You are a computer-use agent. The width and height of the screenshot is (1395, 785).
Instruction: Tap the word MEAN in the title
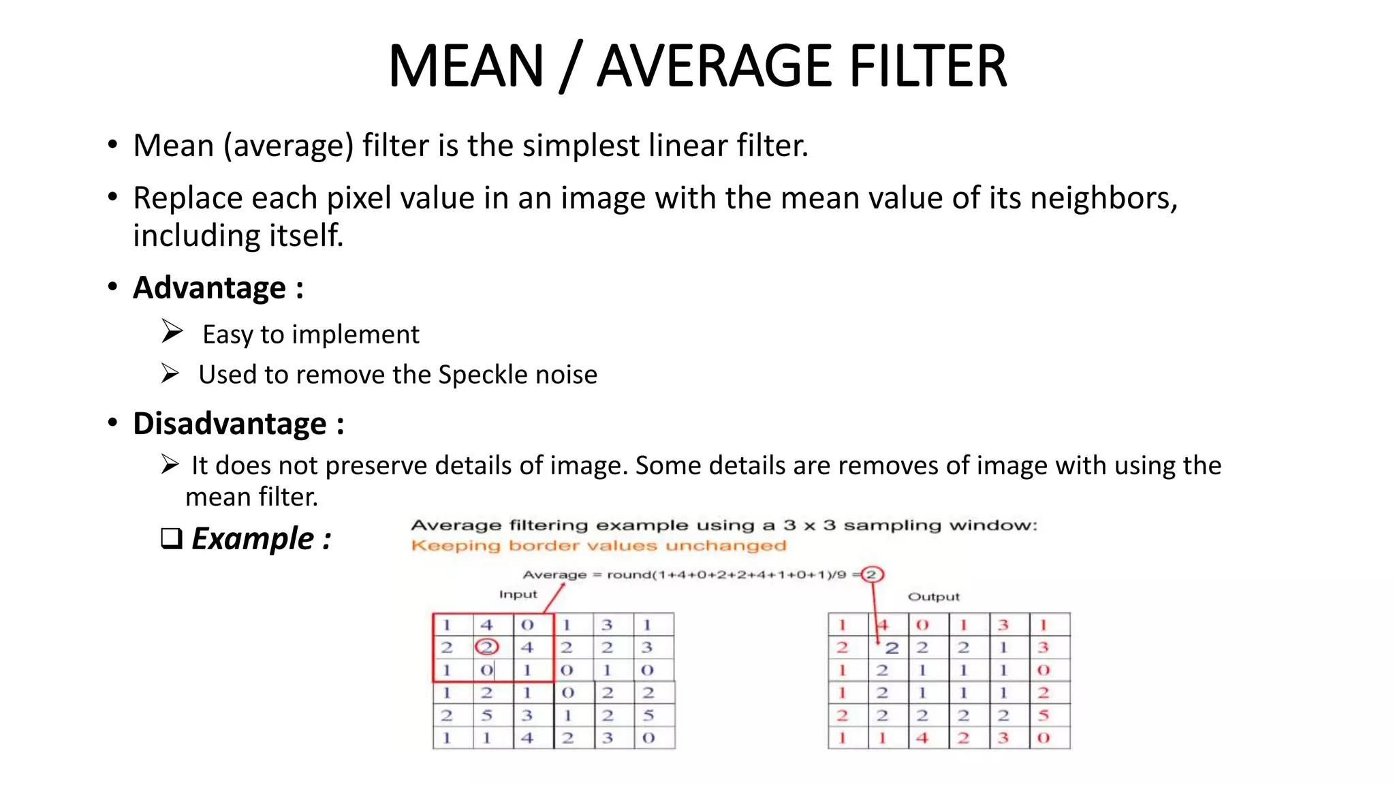click(x=466, y=66)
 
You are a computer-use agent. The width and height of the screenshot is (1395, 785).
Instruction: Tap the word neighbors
click(x=1103, y=198)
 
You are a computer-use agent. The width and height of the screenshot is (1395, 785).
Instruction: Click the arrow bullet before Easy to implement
click(x=172, y=331)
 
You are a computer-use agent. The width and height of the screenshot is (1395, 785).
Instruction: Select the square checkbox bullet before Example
click(x=171, y=538)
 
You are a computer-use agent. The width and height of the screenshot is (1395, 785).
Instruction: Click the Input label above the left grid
click(x=518, y=595)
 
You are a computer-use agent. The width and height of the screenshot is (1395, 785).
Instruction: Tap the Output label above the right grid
click(x=933, y=597)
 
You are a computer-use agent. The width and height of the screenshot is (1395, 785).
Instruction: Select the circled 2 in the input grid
click(x=486, y=647)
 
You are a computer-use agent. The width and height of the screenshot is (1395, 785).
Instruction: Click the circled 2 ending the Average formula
click(x=871, y=574)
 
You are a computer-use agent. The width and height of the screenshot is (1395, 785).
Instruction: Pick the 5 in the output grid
click(x=1043, y=715)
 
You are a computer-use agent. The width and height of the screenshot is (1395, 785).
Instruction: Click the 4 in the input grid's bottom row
click(x=527, y=738)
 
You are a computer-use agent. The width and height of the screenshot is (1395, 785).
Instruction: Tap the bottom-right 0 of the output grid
click(x=1043, y=738)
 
